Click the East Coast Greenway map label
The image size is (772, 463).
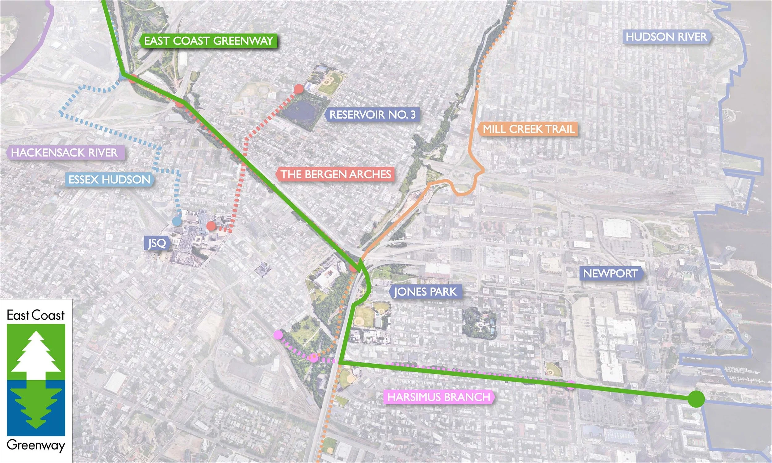tap(208, 41)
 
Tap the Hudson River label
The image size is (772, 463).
tap(666, 37)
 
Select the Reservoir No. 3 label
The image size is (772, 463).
tap(372, 115)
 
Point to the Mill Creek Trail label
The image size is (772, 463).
tap(529, 129)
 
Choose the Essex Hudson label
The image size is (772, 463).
tap(110, 180)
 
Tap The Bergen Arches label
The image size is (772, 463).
tap(335, 174)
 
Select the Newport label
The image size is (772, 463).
tap(610, 273)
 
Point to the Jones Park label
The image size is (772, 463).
tap(425, 292)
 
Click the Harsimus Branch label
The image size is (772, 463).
tap(438, 397)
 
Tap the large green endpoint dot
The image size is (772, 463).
tap(696, 399)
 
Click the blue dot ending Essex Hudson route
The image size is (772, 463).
tap(177, 222)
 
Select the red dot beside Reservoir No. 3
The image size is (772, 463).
tap(299, 89)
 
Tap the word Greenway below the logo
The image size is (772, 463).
tap(36, 445)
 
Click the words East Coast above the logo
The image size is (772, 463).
tap(36, 315)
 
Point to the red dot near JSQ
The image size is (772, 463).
tap(211, 226)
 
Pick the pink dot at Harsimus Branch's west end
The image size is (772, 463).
tap(278, 335)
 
